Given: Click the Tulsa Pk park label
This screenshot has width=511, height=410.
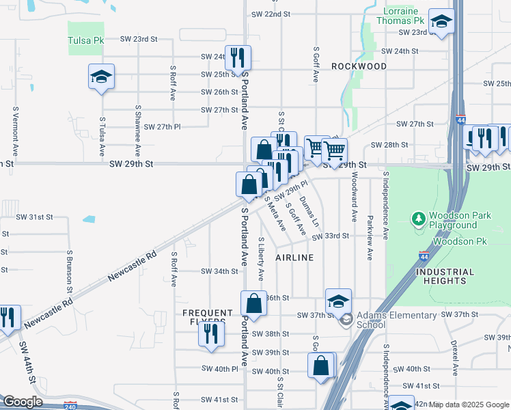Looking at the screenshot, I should pyautogui.click(x=85, y=40).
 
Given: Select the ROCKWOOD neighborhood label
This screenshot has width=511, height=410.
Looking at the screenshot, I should pyautogui.click(x=359, y=66).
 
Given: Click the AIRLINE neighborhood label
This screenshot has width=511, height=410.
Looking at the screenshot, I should pyautogui.click(x=294, y=258).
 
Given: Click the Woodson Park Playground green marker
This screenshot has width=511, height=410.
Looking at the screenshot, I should pyautogui.click(x=417, y=219).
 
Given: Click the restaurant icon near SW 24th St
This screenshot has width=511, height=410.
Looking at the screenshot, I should pyautogui.click(x=238, y=57).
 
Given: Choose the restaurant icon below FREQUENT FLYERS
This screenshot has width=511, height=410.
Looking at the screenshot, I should pyautogui.click(x=211, y=334).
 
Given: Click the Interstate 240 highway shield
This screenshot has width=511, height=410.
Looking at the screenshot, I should pyautogui.click(x=70, y=405).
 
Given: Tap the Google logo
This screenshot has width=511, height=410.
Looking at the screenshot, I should pyautogui.click(x=22, y=402).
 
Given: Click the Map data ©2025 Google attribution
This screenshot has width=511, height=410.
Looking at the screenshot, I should pyautogui.click(x=469, y=405).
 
